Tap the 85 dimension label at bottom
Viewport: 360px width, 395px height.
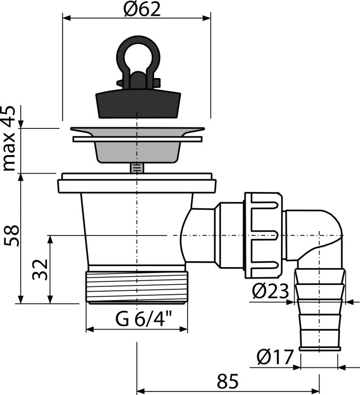(x=228, y=382)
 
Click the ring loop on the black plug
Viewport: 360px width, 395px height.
(x=136, y=55)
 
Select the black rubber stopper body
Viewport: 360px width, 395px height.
(x=136, y=101)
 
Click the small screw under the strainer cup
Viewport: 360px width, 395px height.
(x=136, y=168)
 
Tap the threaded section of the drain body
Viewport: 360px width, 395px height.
(x=137, y=286)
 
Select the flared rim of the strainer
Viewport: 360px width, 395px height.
(x=137, y=131)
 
